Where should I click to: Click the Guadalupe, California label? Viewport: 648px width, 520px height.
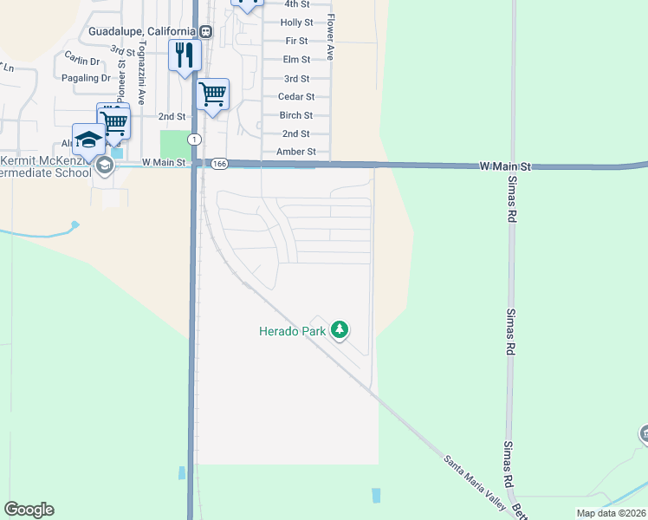pos(142,31)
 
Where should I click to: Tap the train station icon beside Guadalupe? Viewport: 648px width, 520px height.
pos(206,31)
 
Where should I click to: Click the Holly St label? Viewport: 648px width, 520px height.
pos(296,23)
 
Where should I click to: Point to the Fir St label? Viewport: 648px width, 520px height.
pos(296,41)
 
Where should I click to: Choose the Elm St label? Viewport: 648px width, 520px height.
pos(296,60)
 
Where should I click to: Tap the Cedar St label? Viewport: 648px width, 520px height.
pos(296,97)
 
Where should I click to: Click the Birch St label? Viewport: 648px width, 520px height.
pos(296,115)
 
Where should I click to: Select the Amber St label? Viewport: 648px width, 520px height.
pos(296,152)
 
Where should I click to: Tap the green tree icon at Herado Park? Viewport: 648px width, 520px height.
pos(341,329)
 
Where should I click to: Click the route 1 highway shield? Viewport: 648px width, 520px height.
pos(196,140)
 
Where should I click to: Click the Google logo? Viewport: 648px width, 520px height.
pos(29,510)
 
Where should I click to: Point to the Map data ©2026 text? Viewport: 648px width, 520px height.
pos(612,514)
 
